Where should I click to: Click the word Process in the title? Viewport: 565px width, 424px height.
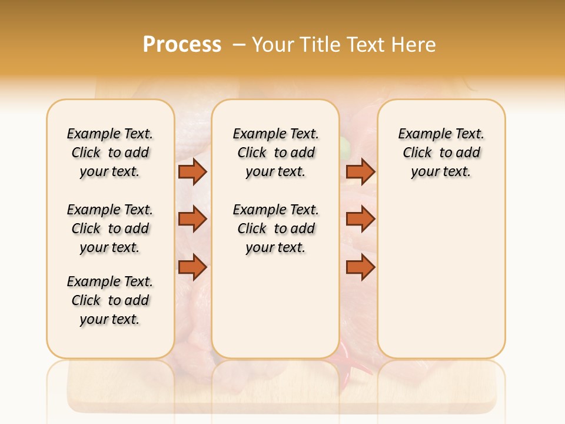(x=182, y=45)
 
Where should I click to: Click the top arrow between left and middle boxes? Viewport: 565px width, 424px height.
(x=192, y=171)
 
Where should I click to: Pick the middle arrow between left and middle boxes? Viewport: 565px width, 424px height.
(x=192, y=219)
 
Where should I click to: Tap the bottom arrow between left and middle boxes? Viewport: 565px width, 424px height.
(x=192, y=267)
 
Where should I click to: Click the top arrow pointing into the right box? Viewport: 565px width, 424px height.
(x=360, y=171)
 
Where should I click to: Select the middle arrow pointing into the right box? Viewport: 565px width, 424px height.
(x=360, y=219)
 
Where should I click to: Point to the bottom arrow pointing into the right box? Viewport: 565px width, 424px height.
(x=360, y=267)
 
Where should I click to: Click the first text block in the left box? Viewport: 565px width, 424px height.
(x=110, y=153)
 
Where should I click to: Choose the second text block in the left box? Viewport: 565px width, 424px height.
(x=110, y=228)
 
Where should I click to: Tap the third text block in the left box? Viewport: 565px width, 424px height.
(x=110, y=300)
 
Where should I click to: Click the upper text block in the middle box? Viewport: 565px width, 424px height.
(x=275, y=153)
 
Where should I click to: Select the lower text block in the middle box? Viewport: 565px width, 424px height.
(x=275, y=228)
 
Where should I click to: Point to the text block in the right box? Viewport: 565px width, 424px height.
(x=441, y=153)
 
